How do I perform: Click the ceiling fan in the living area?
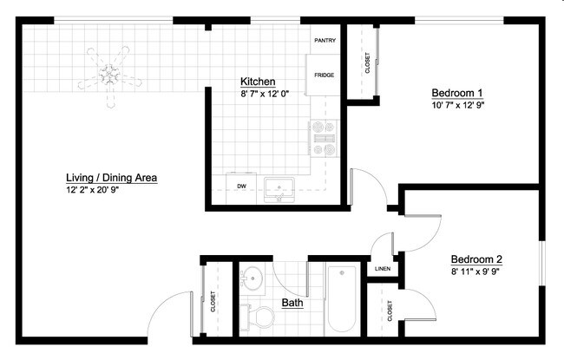(111, 75)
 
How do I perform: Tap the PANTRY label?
(325, 40)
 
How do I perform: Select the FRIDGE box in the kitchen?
(325, 75)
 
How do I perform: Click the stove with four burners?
(323, 139)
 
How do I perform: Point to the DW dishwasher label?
(240, 186)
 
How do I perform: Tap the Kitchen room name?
(258, 82)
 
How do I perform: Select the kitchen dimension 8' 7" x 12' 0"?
(265, 94)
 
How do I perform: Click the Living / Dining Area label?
(111, 177)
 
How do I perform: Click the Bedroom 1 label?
(457, 93)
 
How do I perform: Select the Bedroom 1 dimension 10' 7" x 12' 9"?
(457, 105)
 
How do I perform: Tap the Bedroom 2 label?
(476, 259)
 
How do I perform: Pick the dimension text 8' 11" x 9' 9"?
(476, 271)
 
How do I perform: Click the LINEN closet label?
(383, 269)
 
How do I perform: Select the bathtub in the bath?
(343, 299)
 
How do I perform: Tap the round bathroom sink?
(252, 278)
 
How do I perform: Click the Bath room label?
(292, 304)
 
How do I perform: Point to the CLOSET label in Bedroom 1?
(367, 63)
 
